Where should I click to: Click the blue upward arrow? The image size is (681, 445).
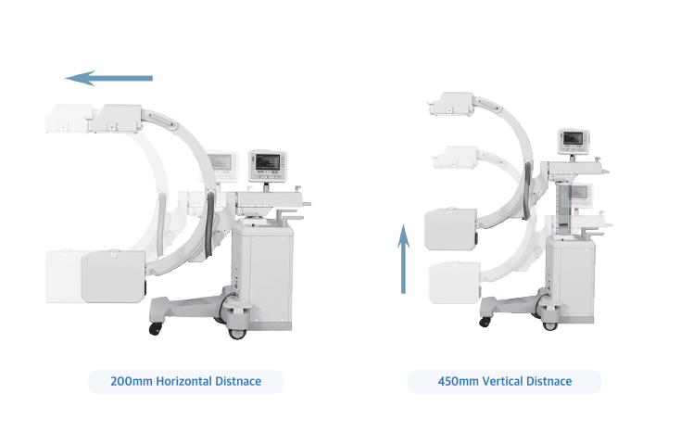pos(404,259)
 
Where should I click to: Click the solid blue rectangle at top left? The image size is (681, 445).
pos(109,80)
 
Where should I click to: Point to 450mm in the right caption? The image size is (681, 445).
pos(459,381)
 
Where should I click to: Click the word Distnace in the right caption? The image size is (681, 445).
pos(553,381)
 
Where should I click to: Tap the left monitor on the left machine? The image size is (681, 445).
pos(222,161)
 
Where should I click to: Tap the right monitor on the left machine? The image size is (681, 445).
pos(269,162)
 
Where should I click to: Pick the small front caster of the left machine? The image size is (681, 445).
pos(155,328)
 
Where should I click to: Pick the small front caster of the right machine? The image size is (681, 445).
pos(484,323)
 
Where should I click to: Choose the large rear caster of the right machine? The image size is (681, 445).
pos(550,320)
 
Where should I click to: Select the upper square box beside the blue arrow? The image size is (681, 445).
pos(448,230)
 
